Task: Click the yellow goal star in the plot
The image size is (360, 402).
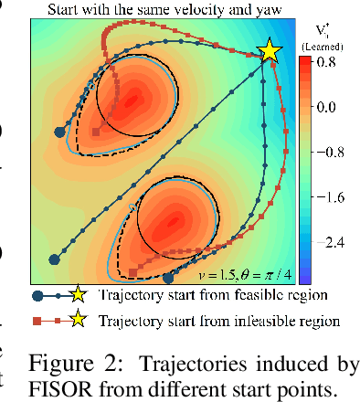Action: (270, 52)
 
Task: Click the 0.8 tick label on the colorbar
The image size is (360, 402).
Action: (325, 63)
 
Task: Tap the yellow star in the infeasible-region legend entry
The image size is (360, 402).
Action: (79, 320)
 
